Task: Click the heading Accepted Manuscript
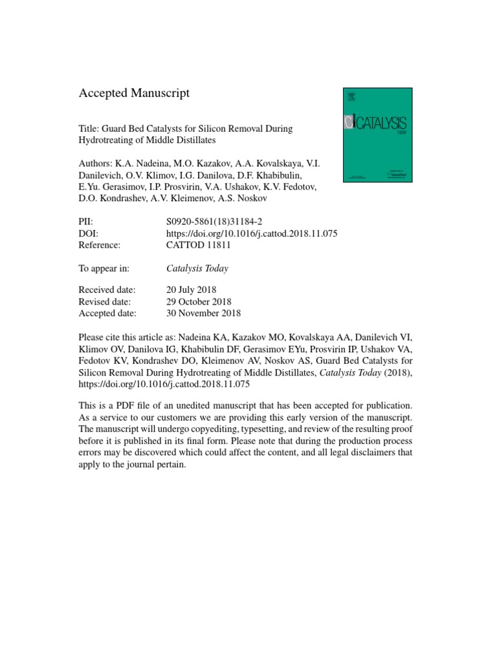pyautogui.click(x=134, y=93)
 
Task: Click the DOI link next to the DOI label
pyautogui.click(x=252, y=233)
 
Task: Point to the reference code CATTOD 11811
pyautogui.click(x=199, y=245)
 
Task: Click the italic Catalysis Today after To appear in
pyautogui.click(x=197, y=268)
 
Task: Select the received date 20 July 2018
pyautogui.click(x=192, y=290)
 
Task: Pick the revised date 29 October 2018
pyautogui.click(x=199, y=301)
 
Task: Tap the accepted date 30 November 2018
pyautogui.click(x=203, y=313)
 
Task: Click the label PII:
pyautogui.click(x=86, y=221)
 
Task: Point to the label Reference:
pyautogui.click(x=100, y=245)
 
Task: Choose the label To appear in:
pyautogui.click(x=104, y=268)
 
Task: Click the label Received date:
pyautogui.click(x=107, y=290)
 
